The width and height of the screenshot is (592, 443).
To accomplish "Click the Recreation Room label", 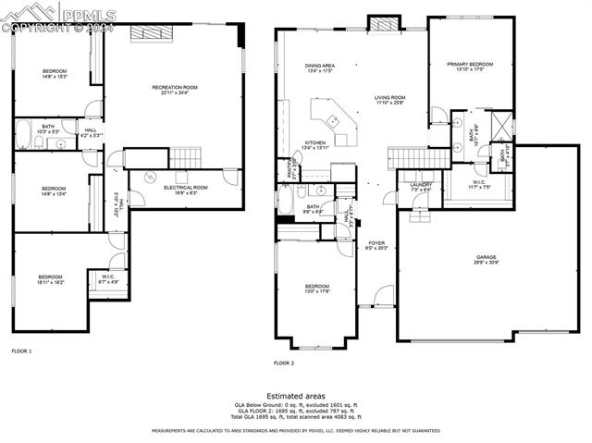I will (175, 90).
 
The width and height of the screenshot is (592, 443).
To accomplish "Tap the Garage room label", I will (487, 261).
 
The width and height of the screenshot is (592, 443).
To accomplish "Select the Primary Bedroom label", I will (470, 67).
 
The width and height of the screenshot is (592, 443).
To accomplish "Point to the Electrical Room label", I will (185, 190).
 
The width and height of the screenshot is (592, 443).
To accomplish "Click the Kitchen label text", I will (315, 145).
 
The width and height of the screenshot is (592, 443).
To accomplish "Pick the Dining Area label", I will (320, 68).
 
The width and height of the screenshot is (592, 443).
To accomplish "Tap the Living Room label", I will (389, 99).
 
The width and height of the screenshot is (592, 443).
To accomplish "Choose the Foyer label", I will (376, 246).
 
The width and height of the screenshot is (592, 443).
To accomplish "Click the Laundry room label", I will (421, 187).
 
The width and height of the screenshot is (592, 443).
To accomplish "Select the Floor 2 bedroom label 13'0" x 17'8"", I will (317, 289).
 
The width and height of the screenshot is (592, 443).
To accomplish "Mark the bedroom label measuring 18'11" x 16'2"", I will (50, 279).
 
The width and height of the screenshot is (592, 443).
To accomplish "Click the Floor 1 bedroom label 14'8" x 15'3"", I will (54, 73).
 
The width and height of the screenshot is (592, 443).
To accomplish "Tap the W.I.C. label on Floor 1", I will (109, 278).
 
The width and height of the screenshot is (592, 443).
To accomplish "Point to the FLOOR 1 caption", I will (21, 351).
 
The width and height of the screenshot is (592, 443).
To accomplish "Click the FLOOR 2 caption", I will (284, 363).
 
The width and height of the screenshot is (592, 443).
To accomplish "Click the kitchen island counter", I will (332, 121).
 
